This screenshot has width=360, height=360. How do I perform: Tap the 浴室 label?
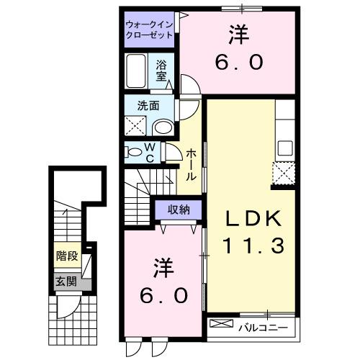pos(162,69)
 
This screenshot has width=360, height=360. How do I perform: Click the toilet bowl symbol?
pos(133,152)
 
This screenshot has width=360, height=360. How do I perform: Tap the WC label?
pos(150,153)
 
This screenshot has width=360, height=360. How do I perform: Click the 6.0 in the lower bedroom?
pos(163,294)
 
